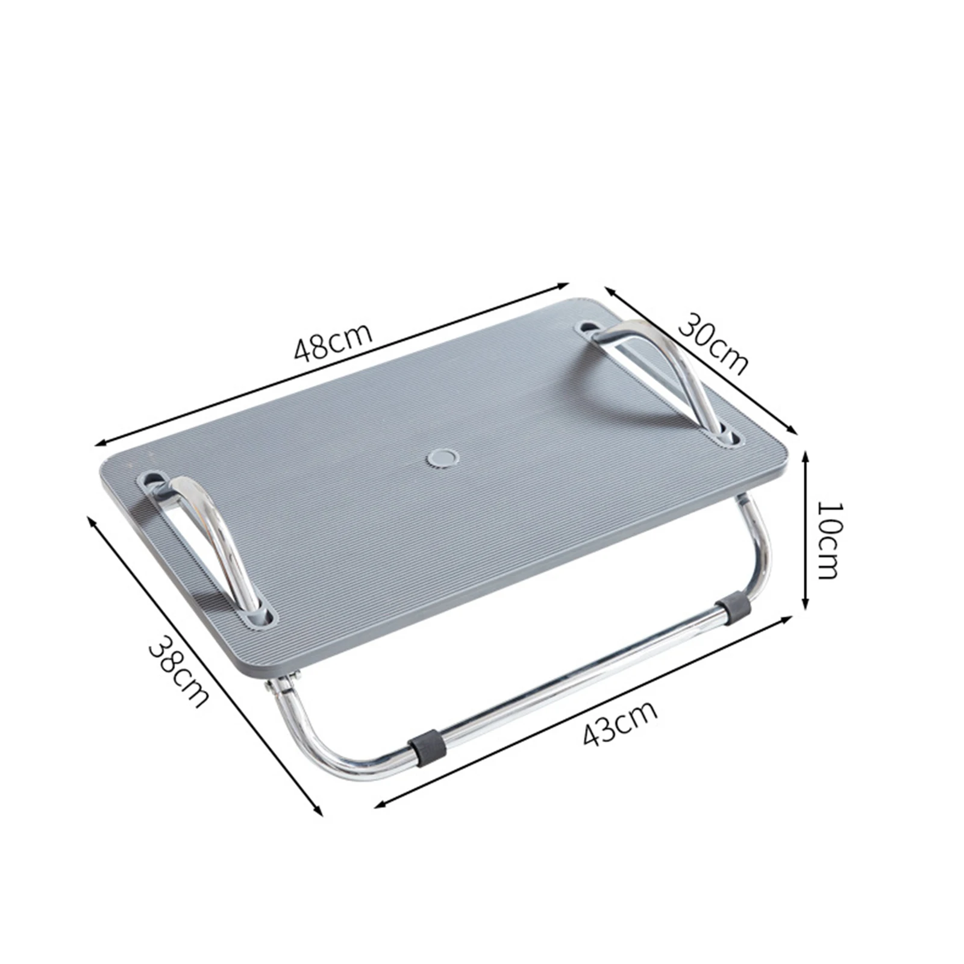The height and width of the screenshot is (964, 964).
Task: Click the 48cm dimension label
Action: point(333,342)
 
